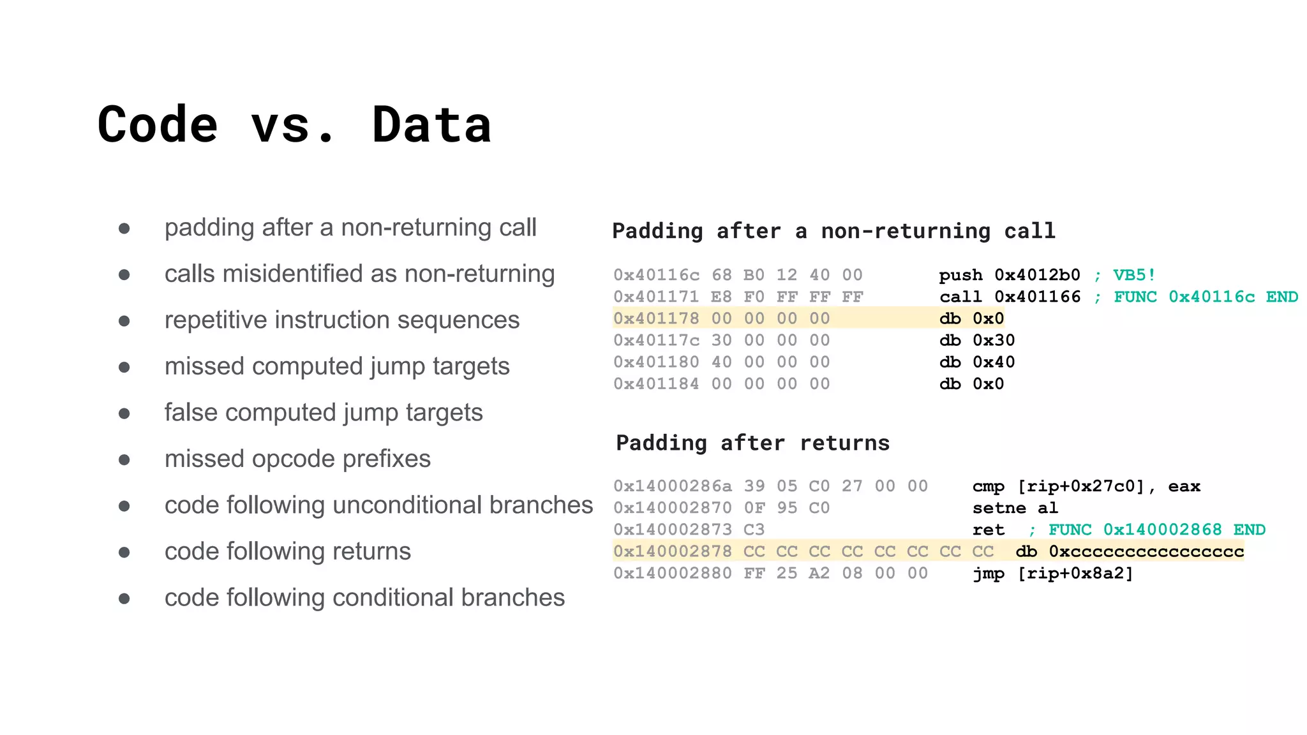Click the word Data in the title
tap(431, 124)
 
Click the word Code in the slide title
tap(158, 124)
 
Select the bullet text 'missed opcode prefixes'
tap(297, 459)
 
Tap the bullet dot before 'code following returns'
tap(124, 552)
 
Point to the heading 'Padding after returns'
tap(752, 443)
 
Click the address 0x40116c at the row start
tap(656, 275)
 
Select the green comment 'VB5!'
tap(1134, 275)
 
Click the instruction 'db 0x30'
tap(976, 340)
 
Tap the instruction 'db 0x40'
tap(976, 362)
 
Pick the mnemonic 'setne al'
tap(1015, 508)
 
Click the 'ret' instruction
tap(988, 530)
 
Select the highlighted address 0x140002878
tap(673, 551)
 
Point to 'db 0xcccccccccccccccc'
tap(1129, 551)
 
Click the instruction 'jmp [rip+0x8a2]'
tap(1052, 573)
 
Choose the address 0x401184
tap(656, 383)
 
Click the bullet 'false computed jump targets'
tap(323, 412)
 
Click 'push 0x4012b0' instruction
tap(1009, 275)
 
